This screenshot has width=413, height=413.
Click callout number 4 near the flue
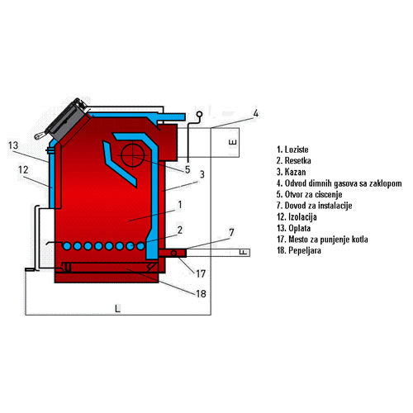click(x=256, y=113)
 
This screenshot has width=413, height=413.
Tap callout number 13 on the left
click(x=13, y=145)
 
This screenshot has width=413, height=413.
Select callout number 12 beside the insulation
click(x=23, y=170)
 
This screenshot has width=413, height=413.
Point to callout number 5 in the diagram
click(x=188, y=169)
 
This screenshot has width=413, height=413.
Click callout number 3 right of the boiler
click(x=202, y=174)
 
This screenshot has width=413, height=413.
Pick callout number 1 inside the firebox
click(x=180, y=205)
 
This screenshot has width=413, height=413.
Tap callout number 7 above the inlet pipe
click(x=231, y=233)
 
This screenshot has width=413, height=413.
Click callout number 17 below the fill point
click(x=201, y=273)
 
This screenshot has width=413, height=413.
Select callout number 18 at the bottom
click(x=201, y=294)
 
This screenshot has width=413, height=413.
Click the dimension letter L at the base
click(x=117, y=309)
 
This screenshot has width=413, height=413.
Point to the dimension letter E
click(x=233, y=142)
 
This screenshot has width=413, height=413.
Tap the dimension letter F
click(x=243, y=252)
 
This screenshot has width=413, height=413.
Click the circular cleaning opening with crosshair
click(x=133, y=156)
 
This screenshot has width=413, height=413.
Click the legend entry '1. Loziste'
click(x=292, y=150)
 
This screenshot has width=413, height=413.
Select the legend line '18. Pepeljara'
click(x=299, y=250)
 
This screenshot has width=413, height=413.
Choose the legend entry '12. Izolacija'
click(x=297, y=217)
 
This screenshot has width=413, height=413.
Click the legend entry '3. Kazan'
click(x=292, y=172)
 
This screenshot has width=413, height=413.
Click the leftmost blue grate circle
click(x=67, y=246)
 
